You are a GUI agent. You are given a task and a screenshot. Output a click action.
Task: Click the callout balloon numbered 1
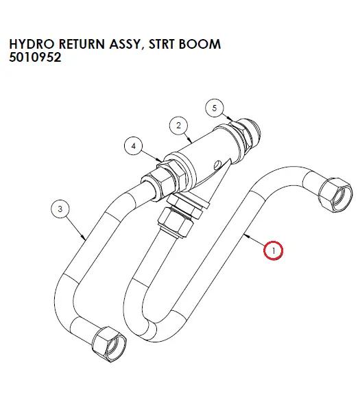(x=273, y=250)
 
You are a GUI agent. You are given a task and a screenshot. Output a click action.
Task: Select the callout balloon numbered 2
(x=178, y=126)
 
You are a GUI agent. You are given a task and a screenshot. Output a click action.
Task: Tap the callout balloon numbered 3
(x=60, y=209)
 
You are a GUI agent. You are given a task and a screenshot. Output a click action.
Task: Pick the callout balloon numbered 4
(x=134, y=145)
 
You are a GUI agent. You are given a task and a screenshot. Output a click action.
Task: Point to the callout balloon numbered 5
(x=215, y=108)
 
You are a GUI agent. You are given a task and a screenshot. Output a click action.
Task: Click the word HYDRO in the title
(x=32, y=44)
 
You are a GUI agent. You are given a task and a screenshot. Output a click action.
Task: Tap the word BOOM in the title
(x=200, y=44)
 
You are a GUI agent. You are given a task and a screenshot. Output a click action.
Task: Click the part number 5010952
(x=35, y=58)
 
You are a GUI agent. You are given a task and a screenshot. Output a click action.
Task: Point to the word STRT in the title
(x=162, y=44)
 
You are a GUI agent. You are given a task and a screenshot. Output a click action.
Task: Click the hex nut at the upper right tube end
(x=335, y=195)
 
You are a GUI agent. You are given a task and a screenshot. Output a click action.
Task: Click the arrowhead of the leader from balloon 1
(x=246, y=236)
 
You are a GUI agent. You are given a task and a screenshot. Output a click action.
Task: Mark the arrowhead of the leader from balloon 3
(x=84, y=237)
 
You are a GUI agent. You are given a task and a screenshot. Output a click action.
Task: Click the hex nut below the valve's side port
(x=175, y=222)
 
